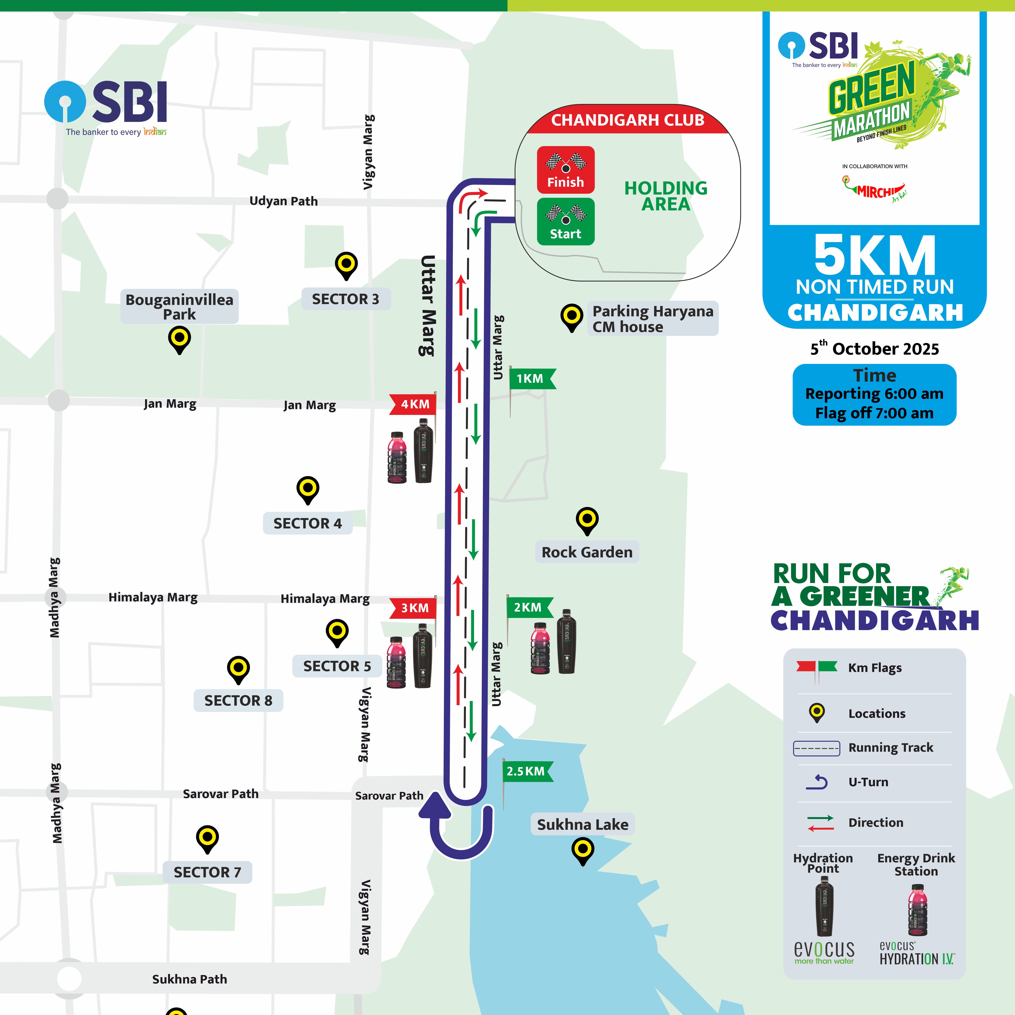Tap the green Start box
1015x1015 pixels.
click(565, 221)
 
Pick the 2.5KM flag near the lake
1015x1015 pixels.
click(526, 771)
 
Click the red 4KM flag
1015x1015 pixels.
click(414, 404)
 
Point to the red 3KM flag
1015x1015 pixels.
click(414, 608)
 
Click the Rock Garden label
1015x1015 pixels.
click(587, 552)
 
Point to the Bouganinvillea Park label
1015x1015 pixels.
click(179, 307)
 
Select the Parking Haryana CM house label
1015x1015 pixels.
click(653, 319)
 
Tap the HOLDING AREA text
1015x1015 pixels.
click(666, 196)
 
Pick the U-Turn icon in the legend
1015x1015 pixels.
click(817, 782)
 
